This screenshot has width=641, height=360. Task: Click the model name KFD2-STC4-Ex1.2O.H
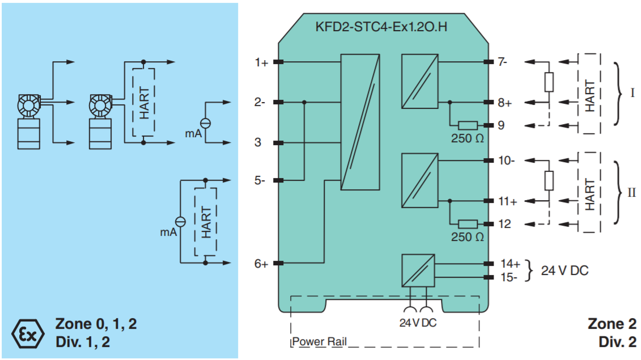pos(381,27)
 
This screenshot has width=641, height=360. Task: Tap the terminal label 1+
pos(261,62)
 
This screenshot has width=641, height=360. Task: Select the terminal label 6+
pos(261,264)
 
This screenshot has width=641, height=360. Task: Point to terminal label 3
pos(257,142)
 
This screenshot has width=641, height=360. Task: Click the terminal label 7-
pos(502,62)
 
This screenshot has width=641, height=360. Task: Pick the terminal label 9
pos(501,125)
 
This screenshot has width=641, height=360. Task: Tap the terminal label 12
pos(504,224)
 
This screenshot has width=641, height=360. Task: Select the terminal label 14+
pos(510,264)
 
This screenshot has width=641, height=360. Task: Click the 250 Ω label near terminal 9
pos(467,138)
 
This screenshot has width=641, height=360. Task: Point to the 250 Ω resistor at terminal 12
pos(468,224)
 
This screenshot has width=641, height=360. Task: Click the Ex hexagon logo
pos(28,334)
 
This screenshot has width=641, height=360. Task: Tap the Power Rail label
pos(319,342)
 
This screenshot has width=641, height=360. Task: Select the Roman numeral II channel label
pos(631,192)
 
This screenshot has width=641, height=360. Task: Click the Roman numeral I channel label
pos(632,93)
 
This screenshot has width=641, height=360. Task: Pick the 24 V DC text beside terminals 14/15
pos(564,270)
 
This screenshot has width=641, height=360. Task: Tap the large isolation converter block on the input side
pos(360,122)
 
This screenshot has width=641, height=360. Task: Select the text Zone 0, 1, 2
pos(96,324)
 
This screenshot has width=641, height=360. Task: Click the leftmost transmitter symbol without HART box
pos(28,121)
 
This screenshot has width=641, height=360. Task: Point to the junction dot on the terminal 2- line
pos(304,102)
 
